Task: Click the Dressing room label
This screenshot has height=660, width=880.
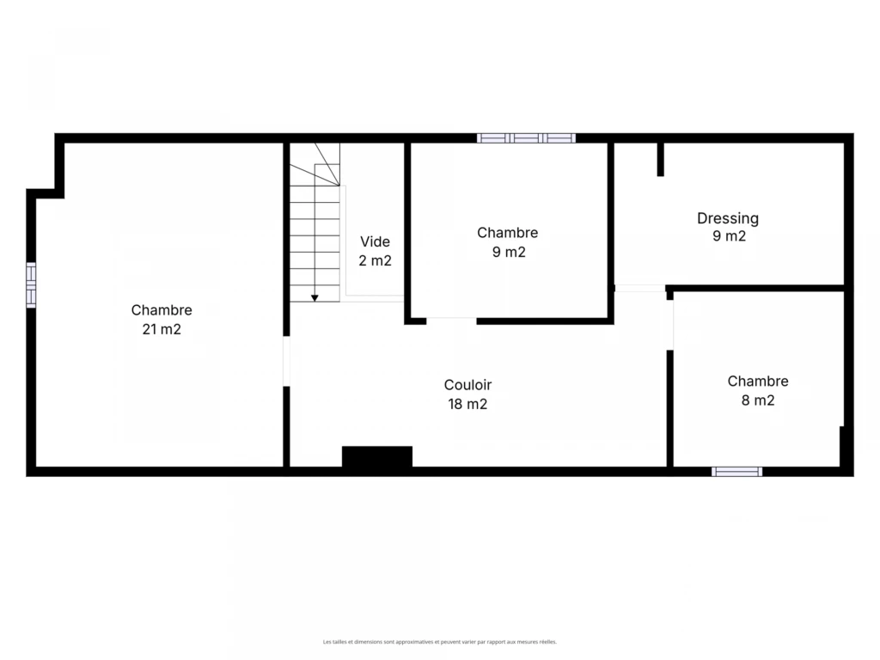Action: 728,218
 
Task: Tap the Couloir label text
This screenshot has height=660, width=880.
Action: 467,385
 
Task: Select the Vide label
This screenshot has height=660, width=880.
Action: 375,241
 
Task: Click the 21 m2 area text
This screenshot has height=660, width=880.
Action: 162,329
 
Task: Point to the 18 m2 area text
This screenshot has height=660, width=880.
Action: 467,404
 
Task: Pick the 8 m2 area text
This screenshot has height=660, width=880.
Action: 758,400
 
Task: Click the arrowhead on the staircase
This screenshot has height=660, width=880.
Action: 315,298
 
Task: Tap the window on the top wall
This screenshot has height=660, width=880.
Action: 527,138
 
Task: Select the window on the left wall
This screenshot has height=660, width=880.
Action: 31,285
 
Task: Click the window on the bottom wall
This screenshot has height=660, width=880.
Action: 736,472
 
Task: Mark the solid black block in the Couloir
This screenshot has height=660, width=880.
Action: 377,457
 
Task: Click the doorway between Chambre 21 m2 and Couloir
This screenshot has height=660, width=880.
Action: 286,361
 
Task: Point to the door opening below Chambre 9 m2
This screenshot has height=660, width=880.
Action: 451,321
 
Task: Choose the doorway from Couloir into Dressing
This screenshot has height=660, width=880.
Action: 639,289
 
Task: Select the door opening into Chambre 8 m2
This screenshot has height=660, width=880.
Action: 670,325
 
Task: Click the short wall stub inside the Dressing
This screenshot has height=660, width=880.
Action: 661,159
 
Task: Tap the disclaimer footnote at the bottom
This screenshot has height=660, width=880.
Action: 439,641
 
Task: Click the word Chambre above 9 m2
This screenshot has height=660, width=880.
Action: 507,233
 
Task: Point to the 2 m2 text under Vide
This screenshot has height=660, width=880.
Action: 375,261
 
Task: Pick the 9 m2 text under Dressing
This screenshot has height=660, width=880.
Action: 729,236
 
